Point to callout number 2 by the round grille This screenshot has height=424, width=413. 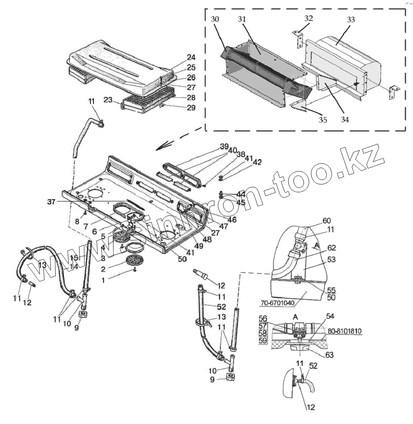click(x=103, y=269)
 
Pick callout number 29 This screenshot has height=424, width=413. click(x=191, y=107)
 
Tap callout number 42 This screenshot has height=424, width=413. click(x=257, y=162)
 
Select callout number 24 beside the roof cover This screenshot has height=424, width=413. click(x=191, y=57)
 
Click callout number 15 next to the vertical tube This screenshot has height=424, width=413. click(x=74, y=257)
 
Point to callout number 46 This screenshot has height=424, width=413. click(x=232, y=220)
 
